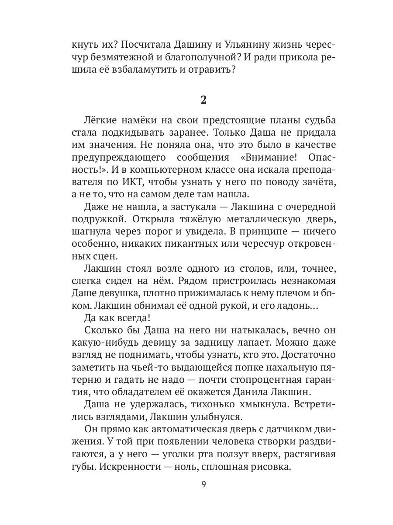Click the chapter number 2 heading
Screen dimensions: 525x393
click(203, 100)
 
